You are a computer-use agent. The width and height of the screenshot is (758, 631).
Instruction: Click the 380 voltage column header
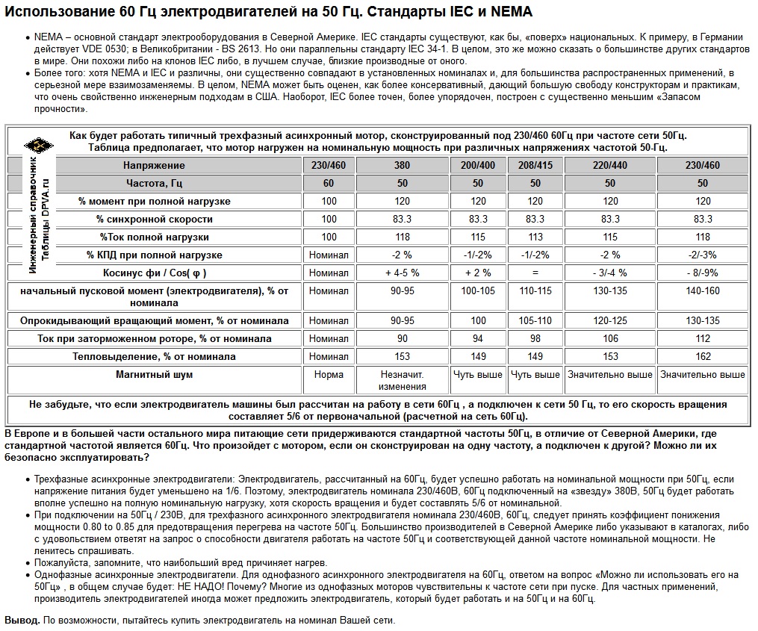tap(402, 165)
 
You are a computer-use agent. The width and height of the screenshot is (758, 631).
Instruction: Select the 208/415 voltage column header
tap(535, 165)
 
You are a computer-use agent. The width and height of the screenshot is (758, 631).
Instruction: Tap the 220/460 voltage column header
tap(610, 165)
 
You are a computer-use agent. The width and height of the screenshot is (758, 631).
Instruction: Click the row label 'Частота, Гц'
tap(155, 183)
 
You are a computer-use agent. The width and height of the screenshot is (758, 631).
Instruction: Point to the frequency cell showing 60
tap(329, 183)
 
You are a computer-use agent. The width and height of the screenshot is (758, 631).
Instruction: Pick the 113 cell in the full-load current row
tap(535, 237)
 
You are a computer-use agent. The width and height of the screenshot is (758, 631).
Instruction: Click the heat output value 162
tap(702, 356)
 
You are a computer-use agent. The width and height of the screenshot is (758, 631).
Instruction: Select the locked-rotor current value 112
tap(702, 338)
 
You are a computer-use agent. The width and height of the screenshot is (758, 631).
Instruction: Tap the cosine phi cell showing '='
tap(535, 273)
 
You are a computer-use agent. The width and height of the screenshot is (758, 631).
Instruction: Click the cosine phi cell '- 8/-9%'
tap(702, 273)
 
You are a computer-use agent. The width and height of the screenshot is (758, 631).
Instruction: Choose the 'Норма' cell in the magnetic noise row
tap(329, 374)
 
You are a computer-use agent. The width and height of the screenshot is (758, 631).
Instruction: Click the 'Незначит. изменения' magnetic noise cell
tap(402, 380)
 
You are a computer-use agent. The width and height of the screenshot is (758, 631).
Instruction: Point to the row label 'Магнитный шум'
tap(155, 374)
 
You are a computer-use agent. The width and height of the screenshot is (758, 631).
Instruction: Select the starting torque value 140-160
tap(702, 290)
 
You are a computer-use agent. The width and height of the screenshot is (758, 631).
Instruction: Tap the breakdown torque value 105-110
tap(535, 320)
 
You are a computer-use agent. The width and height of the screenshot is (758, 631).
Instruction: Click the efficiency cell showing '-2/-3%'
tap(702, 255)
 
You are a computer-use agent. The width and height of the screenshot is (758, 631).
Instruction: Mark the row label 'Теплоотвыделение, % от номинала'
tap(155, 356)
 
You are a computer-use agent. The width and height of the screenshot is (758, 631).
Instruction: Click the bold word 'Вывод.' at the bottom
tap(22, 621)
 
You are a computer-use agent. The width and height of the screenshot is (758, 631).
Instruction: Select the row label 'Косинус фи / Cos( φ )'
tap(155, 273)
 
